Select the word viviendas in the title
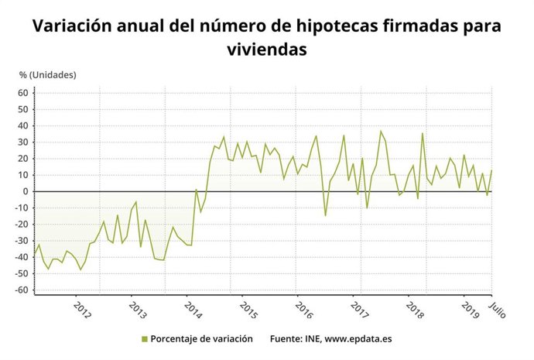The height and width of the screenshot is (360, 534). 267,50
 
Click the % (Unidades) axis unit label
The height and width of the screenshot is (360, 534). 48,74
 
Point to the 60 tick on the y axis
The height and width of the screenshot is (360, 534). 22,93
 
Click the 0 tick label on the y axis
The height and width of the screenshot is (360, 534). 26,191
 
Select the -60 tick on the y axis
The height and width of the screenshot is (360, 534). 21,290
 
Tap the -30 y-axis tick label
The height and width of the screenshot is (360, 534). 21,241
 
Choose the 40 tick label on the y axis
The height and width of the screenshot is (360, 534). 22,125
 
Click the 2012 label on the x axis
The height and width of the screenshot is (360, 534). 81,308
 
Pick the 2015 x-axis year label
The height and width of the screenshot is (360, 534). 248,308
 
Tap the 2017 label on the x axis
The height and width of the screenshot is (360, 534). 359,308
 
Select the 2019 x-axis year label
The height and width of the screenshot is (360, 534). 470,308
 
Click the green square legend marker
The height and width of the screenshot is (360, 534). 144,338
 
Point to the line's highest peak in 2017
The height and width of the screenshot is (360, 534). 380,131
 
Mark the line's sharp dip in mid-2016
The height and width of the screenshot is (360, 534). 325,215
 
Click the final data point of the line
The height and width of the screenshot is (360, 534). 491,170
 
